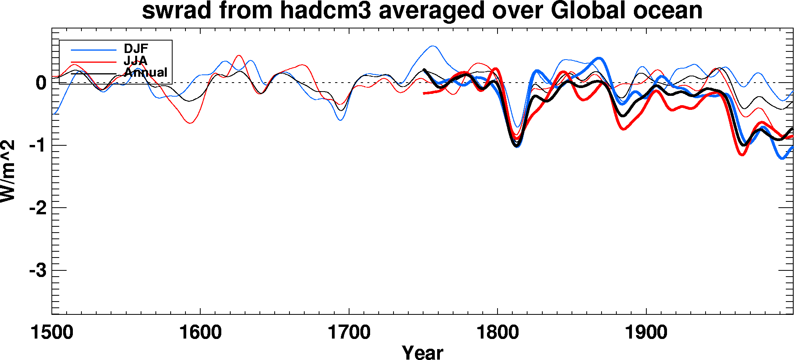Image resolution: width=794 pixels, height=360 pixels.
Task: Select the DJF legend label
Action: pyautogui.click(x=136, y=49)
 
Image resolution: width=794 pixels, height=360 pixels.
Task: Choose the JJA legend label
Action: pyautogui.click(x=135, y=60)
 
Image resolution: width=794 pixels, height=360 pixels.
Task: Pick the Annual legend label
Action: pyautogui.click(x=146, y=72)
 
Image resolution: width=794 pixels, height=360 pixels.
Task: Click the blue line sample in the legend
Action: pyautogui.click(x=94, y=50)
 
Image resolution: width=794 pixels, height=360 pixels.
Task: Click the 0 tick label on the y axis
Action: pyautogui.click(x=41, y=83)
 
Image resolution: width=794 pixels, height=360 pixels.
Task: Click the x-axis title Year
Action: pyautogui.click(x=422, y=352)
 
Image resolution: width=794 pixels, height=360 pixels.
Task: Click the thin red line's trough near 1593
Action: pyautogui.click(x=191, y=123)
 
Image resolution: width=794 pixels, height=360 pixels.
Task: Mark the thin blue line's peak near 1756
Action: pyautogui.click(x=433, y=46)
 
